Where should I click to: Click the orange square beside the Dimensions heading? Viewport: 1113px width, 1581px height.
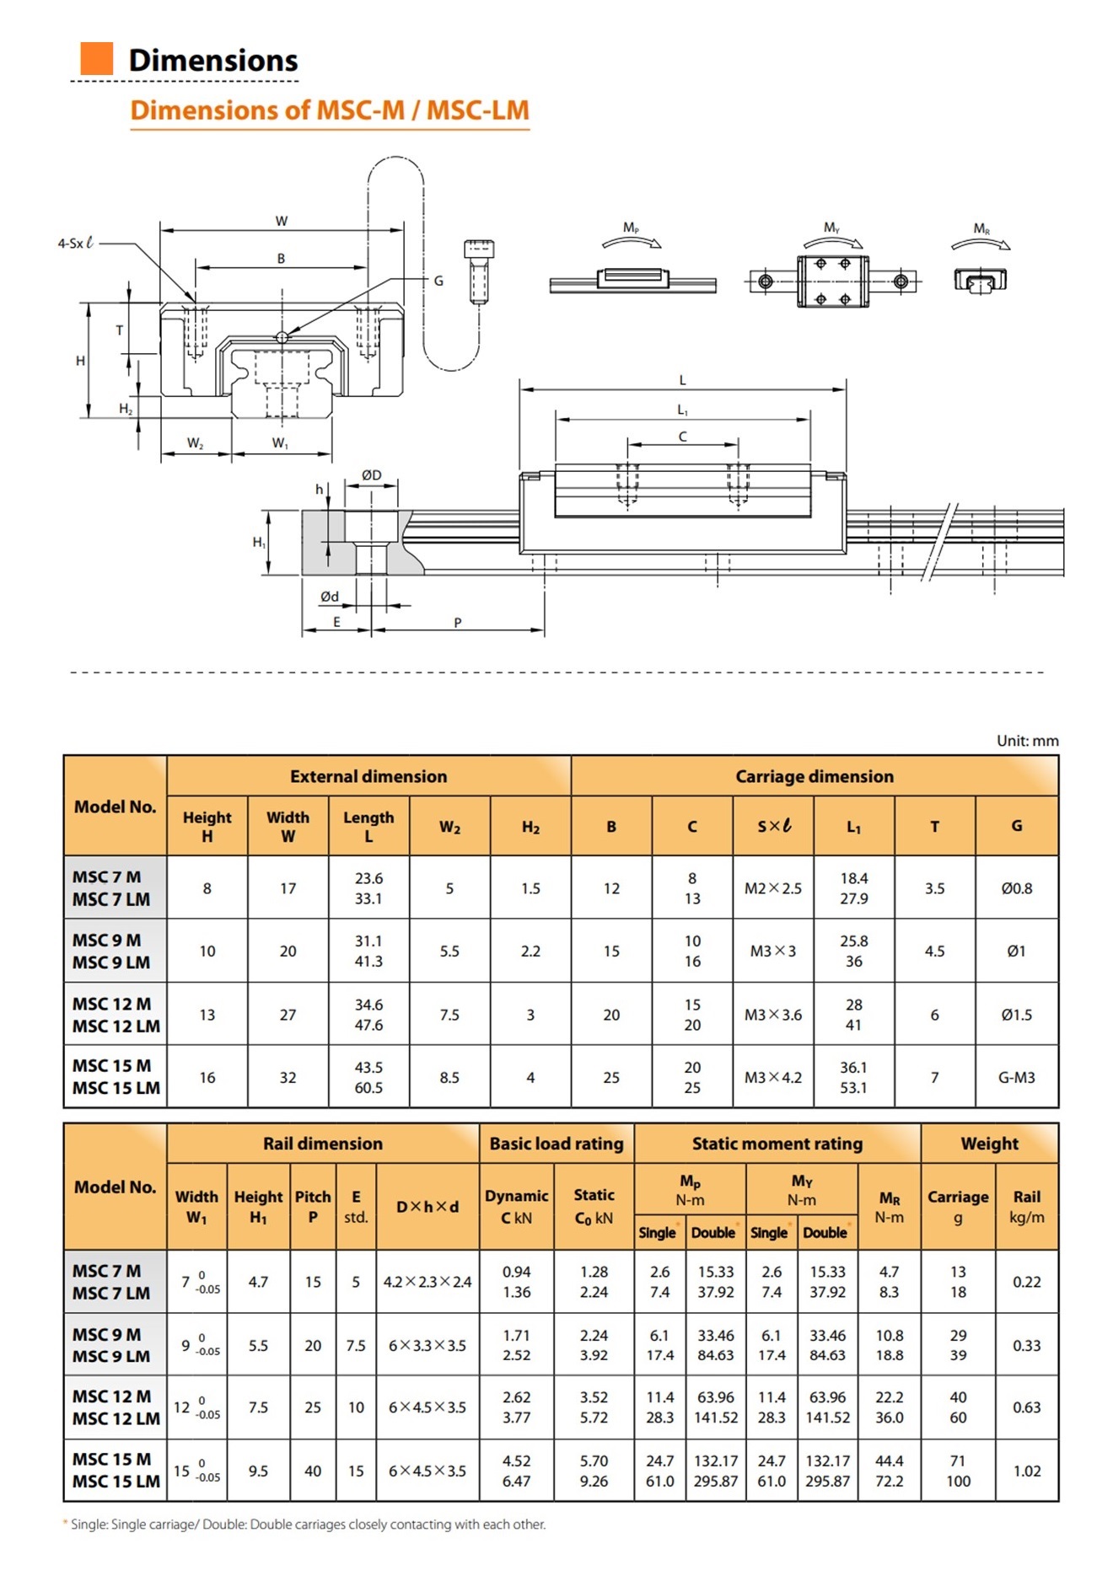[96, 58]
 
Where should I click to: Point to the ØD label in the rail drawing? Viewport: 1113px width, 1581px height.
[371, 475]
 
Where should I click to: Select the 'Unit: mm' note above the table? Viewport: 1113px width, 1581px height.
[1027, 741]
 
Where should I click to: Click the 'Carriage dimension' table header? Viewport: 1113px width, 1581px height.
[815, 776]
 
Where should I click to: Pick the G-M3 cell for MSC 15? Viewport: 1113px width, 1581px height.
[1016, 1077]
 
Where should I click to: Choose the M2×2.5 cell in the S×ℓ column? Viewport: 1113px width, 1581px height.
[773, 888]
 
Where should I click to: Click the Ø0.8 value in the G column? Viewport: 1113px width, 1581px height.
[1016, 888]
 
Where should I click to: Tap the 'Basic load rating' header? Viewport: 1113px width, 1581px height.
[556, 1144]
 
